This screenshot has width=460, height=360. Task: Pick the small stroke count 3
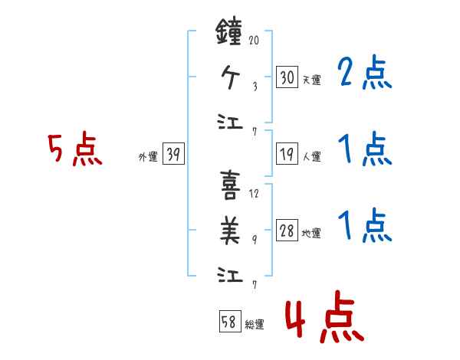[255, 87]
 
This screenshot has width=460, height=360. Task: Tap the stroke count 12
[255, 194]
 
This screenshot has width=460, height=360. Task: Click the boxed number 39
[173, 155]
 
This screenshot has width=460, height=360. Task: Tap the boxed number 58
[228, 322]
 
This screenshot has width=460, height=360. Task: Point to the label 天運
[311, 80]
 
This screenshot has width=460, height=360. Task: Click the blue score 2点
[365, 73]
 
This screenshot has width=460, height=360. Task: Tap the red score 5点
[75, 150]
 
